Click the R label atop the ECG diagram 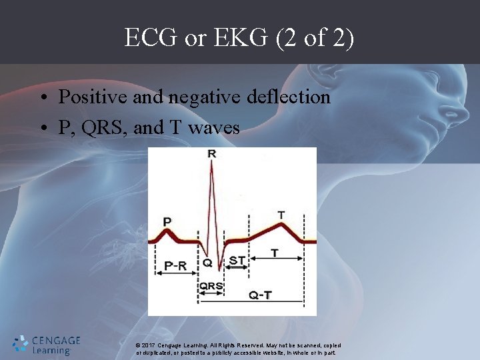tap(212, 154)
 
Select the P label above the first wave tap(167, 221)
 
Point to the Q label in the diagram tap(207, 263)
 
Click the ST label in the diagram tap(237, 259)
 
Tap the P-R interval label tap(175, 266)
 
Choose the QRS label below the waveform tap(211, 286)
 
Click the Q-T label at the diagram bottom tap(260, 295)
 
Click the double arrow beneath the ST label tap(236, 267)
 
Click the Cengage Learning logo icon tap(21, 343)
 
